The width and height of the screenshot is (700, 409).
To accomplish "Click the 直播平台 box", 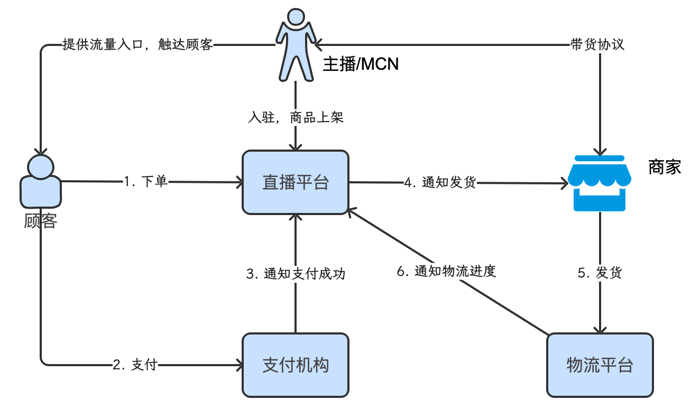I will coord(296,183).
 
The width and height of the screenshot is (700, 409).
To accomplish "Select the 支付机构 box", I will coord(296,365).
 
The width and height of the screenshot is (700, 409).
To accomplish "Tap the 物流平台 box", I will coord(600,365).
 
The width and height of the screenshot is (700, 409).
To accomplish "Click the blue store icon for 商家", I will coord(600,183).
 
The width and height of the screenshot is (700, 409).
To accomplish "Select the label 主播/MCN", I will coord(361,64).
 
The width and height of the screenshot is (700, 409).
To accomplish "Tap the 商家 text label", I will coord(665,168).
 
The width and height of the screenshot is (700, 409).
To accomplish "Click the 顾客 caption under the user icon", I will coord(40,220).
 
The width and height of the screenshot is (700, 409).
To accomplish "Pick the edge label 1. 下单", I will coord(146,182).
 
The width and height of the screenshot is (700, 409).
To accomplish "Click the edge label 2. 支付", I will coord(135,365).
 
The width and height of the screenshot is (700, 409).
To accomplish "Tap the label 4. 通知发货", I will coord(440,183).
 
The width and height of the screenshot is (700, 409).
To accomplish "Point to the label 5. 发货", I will coord(600,273).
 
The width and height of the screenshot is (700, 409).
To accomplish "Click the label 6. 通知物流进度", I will coord(447,272).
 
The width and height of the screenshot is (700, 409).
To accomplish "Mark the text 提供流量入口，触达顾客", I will coord(137,45).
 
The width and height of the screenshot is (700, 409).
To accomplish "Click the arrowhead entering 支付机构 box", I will coord(238,365).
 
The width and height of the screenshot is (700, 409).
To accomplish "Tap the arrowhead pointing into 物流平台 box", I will coord(600,329).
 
